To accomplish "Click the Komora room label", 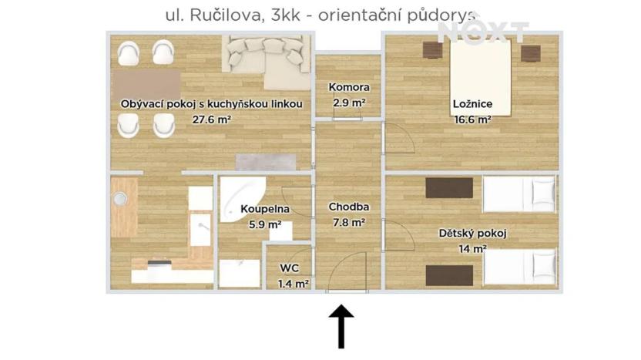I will [x=348, y=87].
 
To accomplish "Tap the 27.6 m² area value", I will [x=212, y=119].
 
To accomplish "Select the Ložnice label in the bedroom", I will [x=472, y=105].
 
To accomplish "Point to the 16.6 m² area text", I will [x=472, y=119].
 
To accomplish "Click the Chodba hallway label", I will [x=349, y=207].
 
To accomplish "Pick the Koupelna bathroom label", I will [x=264, y=209].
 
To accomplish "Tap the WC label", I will [x=290, y=268].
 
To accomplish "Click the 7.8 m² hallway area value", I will [x=349, y=222].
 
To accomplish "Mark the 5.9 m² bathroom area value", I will [x=264, y=225].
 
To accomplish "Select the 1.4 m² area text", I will [x=294, y=284].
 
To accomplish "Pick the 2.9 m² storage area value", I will [x=348, y=103].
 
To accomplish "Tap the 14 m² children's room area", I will [x=472, y=249].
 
